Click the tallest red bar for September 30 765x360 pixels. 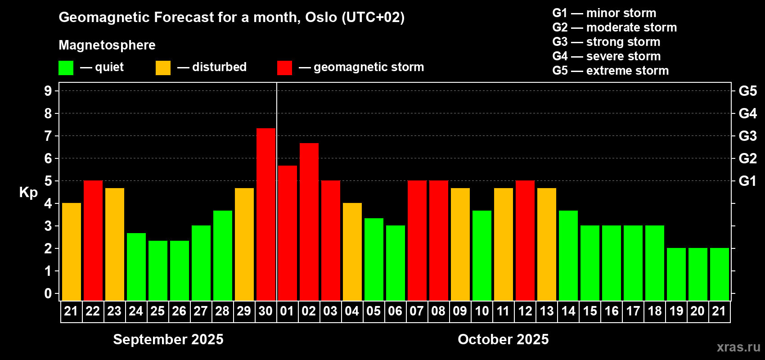click(x=266, y=214)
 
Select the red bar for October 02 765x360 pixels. click(x=309, y=222)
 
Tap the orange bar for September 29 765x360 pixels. click(x=244, y=244)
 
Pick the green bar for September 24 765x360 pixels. click(x=136, y=267)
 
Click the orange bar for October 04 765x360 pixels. click(x=352, y=252)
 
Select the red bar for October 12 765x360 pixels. click(x=525, y=240)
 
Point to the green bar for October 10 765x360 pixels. click(x=482, y=256)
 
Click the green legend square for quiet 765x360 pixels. click(x=66, y=67)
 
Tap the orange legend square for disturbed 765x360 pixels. click(x=163, y=67)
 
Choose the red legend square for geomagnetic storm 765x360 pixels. click(x=284, y=67)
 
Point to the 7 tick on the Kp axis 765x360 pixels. click(x=48, y=136)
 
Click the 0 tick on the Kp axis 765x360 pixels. click(x=48, y=293)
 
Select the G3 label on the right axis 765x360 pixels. click(x=748, y=136)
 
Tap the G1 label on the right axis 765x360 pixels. click(x=748, y=181)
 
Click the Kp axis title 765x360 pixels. click(x=28, y=193)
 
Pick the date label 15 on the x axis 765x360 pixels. click(x=590, y=311)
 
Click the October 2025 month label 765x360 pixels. click(x=503, y=339)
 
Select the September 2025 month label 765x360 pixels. click(x=168, y=339)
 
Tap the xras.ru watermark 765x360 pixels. click(x=738, y=347)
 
